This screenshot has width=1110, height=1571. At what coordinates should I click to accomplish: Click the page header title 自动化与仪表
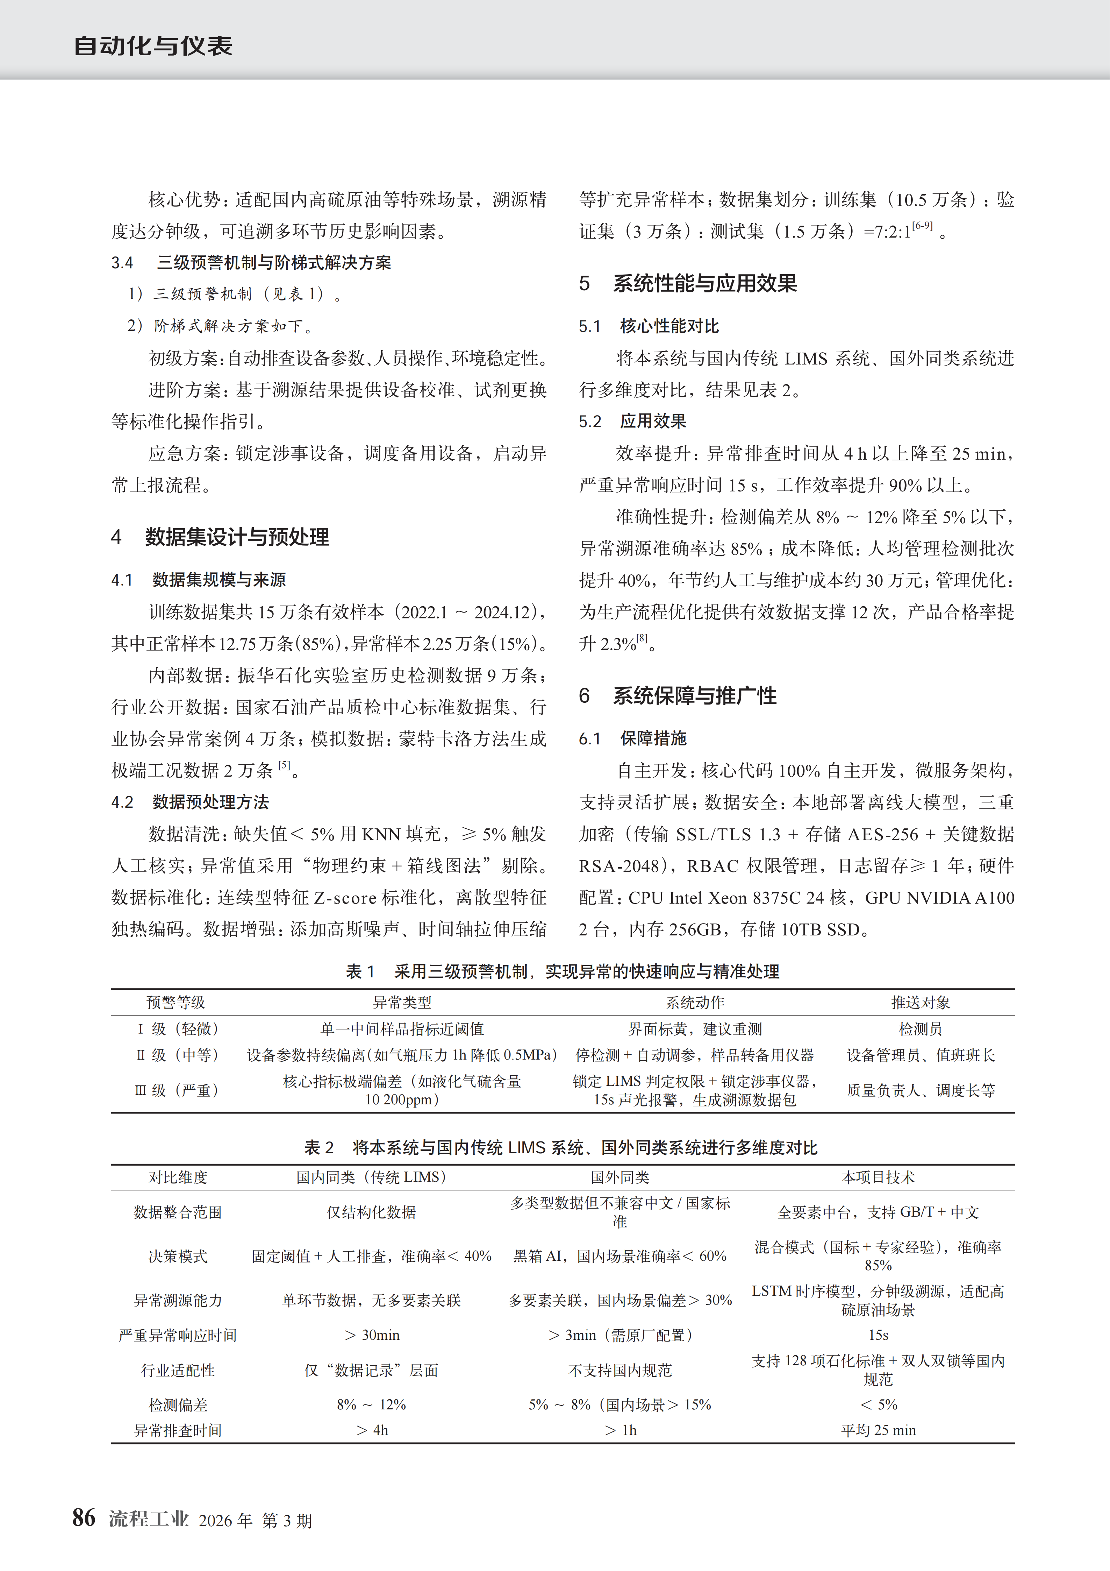coord(152,46)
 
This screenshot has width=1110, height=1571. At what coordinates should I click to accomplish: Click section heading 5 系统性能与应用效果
coord(688,283)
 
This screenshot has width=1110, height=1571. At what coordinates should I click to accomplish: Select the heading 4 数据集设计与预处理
coord(220,537)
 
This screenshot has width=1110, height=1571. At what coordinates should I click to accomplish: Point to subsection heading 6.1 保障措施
coord(633,738)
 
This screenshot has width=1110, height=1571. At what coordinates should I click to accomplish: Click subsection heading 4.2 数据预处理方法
coord(190,802)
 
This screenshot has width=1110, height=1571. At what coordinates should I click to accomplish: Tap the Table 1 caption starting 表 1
coord(562,972)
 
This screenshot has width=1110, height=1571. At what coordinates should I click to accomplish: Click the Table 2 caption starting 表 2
coord(561,1147)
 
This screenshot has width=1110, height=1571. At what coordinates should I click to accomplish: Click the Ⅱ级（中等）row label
coord(177,1055)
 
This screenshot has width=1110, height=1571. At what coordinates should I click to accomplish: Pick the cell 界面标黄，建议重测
coord(695,1029)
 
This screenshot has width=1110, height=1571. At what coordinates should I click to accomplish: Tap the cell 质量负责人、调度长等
coord(921,1090)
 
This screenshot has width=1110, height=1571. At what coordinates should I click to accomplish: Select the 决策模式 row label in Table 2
coord(178,1256)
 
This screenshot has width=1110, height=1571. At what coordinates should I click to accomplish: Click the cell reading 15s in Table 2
coord(878,1335)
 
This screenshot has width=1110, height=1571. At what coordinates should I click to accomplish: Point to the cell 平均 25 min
coord(878,1430)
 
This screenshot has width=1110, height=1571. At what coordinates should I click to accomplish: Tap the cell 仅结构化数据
coord(371,1212)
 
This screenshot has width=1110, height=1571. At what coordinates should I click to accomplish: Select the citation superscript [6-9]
coord(922,226)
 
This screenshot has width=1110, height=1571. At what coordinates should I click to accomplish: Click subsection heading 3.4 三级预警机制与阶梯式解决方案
coord(252,263)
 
